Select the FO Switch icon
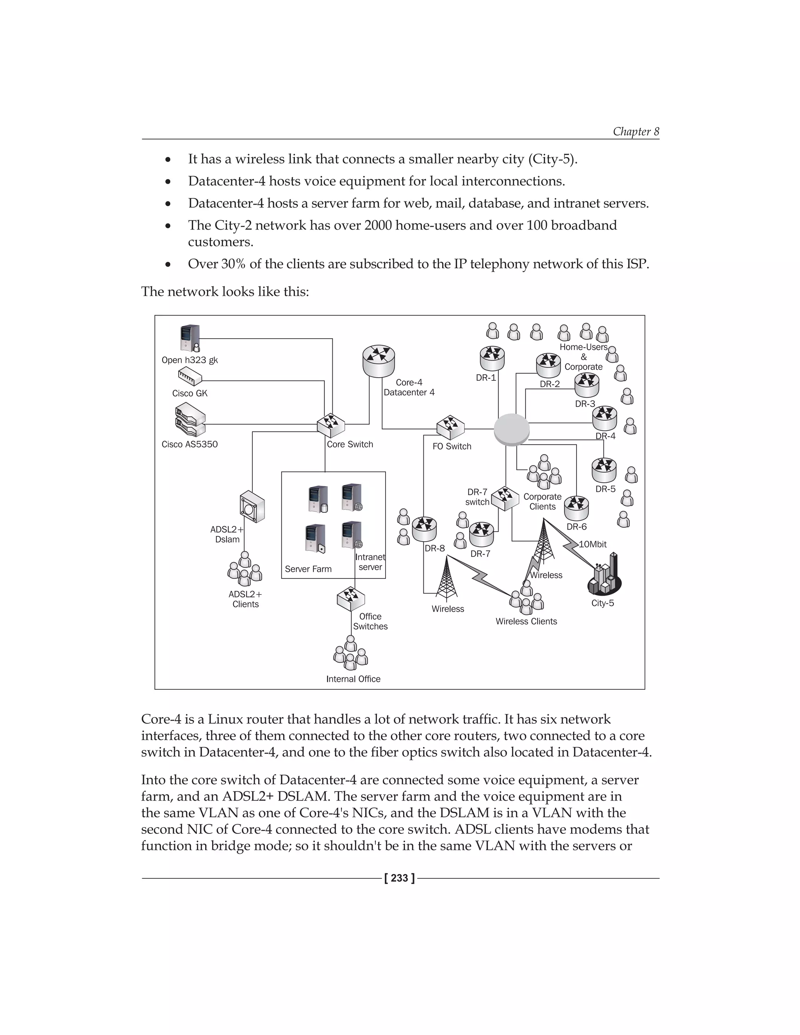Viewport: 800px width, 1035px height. pos(450,427)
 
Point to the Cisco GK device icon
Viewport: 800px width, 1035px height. pos(189,377)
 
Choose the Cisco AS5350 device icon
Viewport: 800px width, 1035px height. pos(189,420)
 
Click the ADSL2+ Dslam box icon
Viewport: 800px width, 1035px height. pos(252,507)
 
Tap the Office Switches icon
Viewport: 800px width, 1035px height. pos(351,598)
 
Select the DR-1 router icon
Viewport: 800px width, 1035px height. pos(492,358)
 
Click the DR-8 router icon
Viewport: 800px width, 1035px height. pos(424,529)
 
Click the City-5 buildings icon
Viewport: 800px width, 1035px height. pos(604,575)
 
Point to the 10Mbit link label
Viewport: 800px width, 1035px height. pos(593,544)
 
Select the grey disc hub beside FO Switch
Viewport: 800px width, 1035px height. pos(511,429)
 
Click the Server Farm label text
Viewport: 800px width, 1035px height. pos(308,569)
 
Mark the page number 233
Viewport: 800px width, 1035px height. pos(400,878)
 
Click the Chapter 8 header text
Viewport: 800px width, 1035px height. pos(636,131)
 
